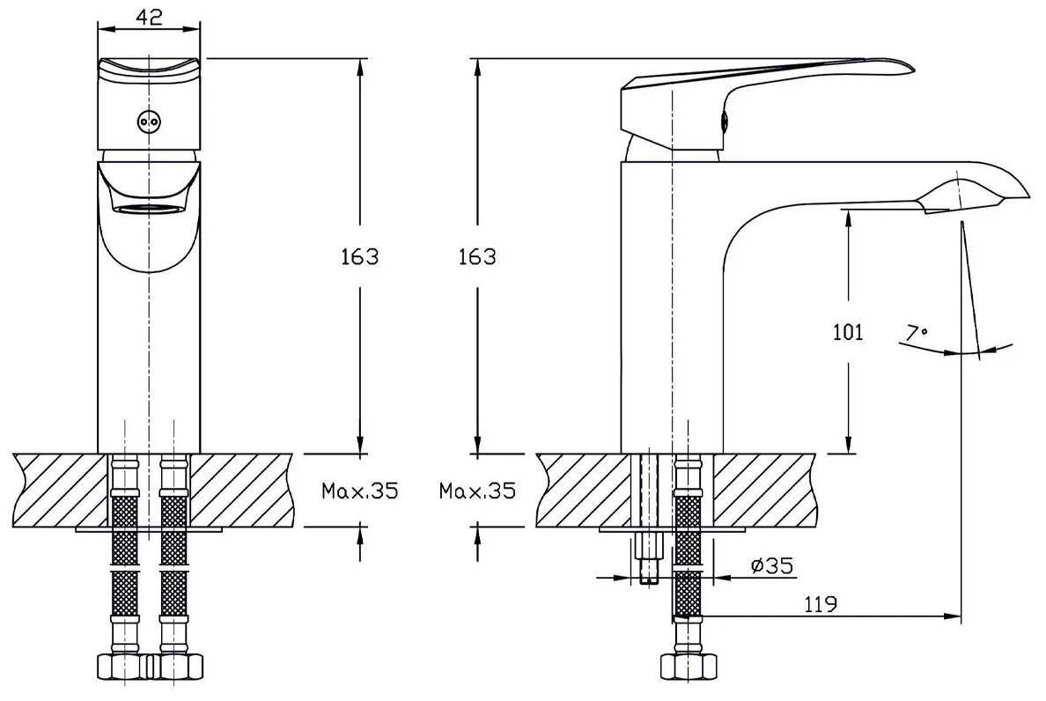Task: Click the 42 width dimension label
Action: coord(149,17)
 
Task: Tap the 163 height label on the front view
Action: coord(359,257)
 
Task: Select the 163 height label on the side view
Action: coord(477,257)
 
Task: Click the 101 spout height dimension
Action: coord(848,333)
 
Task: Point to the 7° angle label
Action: coord(917,333)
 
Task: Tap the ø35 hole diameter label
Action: coord(772,565)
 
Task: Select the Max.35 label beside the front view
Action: coord(359,491)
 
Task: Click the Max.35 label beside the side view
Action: coord(477,491)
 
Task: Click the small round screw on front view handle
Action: coord(148,122)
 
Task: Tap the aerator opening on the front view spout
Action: coord(149,209)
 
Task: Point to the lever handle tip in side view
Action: coord(907,66)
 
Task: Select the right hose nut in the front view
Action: coord(175,667)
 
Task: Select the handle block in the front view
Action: coord(149,104)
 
